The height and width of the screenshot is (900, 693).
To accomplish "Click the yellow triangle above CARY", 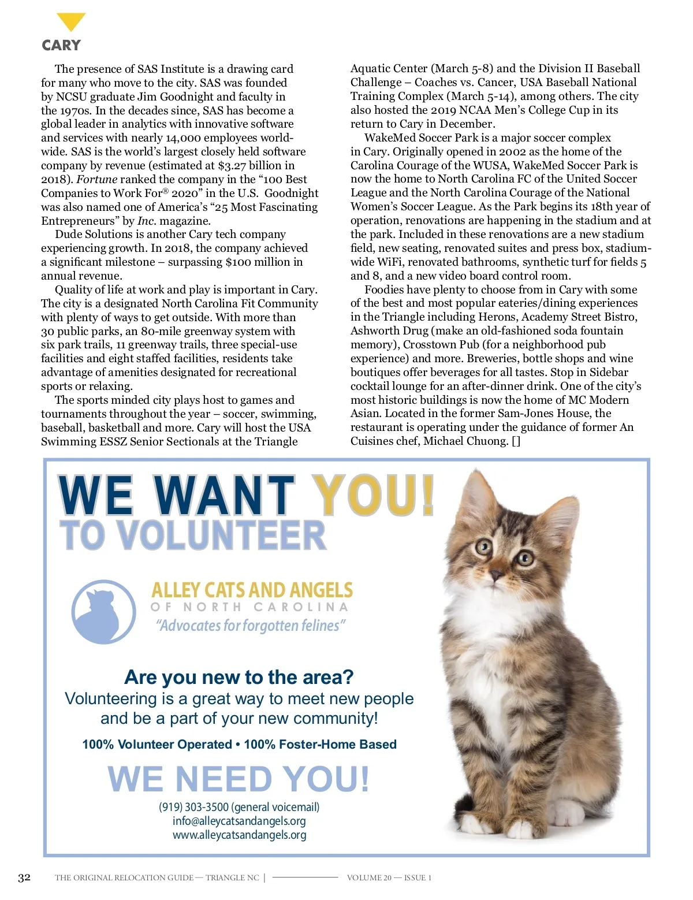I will [x=71, y=21].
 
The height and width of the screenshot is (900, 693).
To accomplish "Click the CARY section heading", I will [x=61, y=45].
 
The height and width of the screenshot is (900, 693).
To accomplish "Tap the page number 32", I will [x=24, y=877].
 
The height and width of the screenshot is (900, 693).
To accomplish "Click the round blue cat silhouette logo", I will [x=103, y=612].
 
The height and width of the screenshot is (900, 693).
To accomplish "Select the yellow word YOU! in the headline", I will [x=374, y=495].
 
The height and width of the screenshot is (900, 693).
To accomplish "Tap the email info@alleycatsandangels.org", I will [x=239, y=821].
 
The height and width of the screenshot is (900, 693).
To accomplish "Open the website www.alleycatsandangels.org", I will [x=239, y=835].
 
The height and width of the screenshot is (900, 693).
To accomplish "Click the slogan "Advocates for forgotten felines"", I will [x=251, y=626].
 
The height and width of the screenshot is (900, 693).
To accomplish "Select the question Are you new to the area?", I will [x=239, y=677].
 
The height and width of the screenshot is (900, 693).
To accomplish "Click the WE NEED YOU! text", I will [x=239, y=779].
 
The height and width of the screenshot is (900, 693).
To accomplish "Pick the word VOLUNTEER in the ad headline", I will [x=225, y=535].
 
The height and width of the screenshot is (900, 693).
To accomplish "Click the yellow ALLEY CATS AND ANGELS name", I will [x=252, y=590].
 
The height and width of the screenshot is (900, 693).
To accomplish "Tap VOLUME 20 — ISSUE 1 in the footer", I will [x=389, y=877].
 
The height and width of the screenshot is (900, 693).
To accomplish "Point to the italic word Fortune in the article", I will [x=96, y=179].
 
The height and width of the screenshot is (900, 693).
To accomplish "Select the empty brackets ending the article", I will [x=516, y=441].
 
